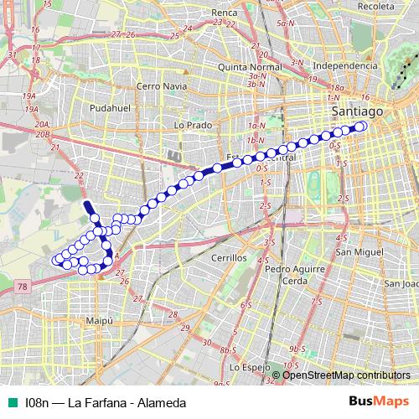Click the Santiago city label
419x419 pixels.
pyautogui.click(x=357, y=111)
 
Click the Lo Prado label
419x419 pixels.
pyautogui.click(x=189, y=124)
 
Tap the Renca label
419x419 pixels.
pyautogui.click(x=225, y=13)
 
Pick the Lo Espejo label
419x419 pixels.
pyautogui.click(x=250, y=367)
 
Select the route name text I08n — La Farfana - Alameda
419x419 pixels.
pyautogui.click(x=105, y=403)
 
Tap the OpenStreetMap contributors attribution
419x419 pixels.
pyautogui.click(x=346, y=375)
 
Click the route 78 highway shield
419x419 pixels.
pyautogui.click(x=21, y=287)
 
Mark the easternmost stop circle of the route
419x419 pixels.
pyautogui.click(x=362, y=126)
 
